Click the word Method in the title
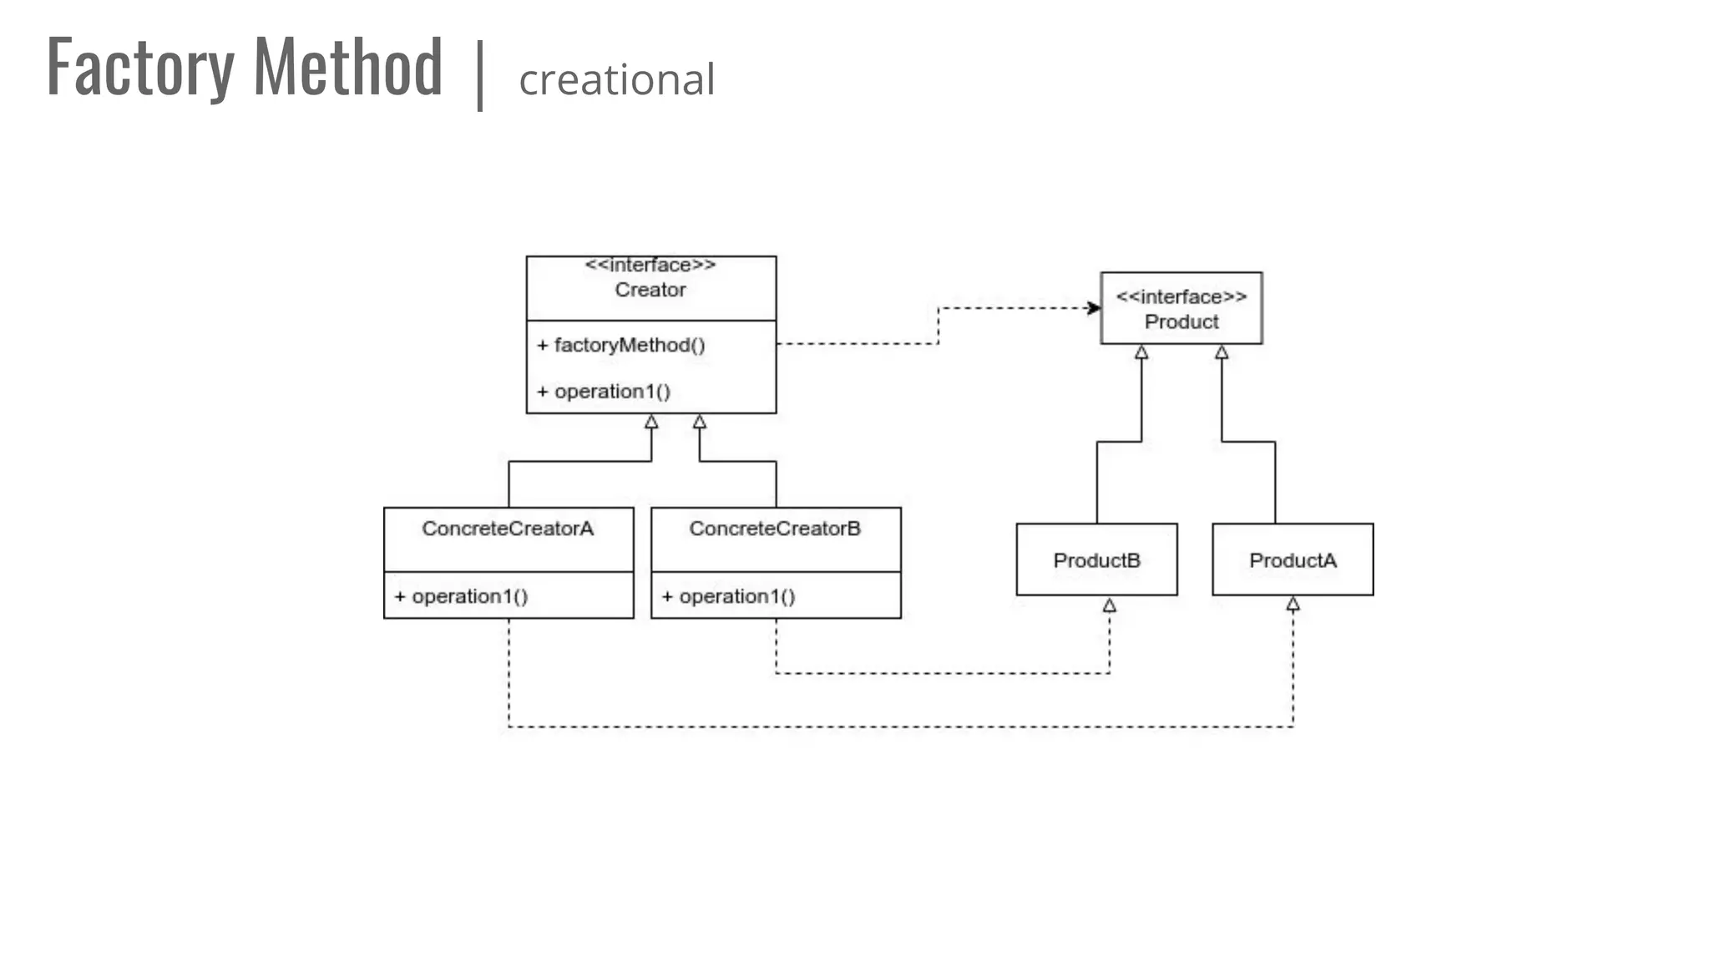click(x=347, y=67)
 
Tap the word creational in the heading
click(x=616, y=80)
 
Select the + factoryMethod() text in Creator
click(x=621, y=345)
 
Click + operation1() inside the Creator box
click(x=604, y=391)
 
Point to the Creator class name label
click(x=650, y=290)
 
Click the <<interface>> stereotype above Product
click(x=1181, y=296)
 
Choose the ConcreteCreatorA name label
click(x=508, y=529)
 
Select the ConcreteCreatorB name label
click(x=775, y=529)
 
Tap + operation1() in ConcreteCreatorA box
click(x=461, y=596)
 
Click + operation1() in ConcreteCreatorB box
click(x=728, y=596)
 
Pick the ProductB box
click(x=1096, y=559)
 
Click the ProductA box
click(x=1293, y=559)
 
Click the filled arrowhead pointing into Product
click(x=1094, y=308)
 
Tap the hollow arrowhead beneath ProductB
click(x=1109, y=605)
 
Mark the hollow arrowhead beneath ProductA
click(x=1293, y=604)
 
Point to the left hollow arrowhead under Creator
click(x=651, y=422)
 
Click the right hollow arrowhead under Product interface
click(x=1222, y=352)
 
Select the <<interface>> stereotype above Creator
click(x=650, y=265)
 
